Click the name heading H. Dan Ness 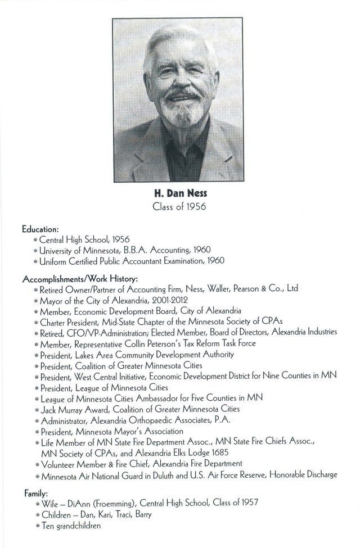pyautogui.click(x=180, y=193)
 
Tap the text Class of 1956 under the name pyautogui.click(x=180, y=207)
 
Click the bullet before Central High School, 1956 pyautogui.click(x=35, y=239)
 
